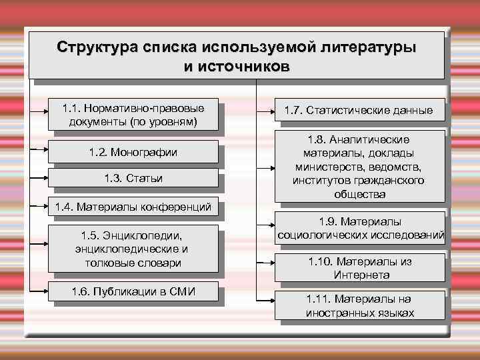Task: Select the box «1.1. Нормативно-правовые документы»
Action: pyautogui.click(x=133, y=114)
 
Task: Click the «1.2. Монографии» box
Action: pyautogui.click(x=133, y=153)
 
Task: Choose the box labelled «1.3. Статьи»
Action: pyautogui.click(x=133, y=178)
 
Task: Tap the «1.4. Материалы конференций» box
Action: pyautogui.click(x=133, y=207)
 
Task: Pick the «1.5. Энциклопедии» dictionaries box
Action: pyautogui.click(x=133, y=249)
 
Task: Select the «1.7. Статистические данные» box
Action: pyautogui.click(x=359, y=110)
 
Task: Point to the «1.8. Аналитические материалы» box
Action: pyautogui.click(x=359, y=166)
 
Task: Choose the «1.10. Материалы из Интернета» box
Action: pyautogui.click(x=359, y=267)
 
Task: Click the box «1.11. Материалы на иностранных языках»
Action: pyautogui.click(x=359, y=305)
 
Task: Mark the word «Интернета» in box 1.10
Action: pyautogui.click(x=359, y=274)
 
